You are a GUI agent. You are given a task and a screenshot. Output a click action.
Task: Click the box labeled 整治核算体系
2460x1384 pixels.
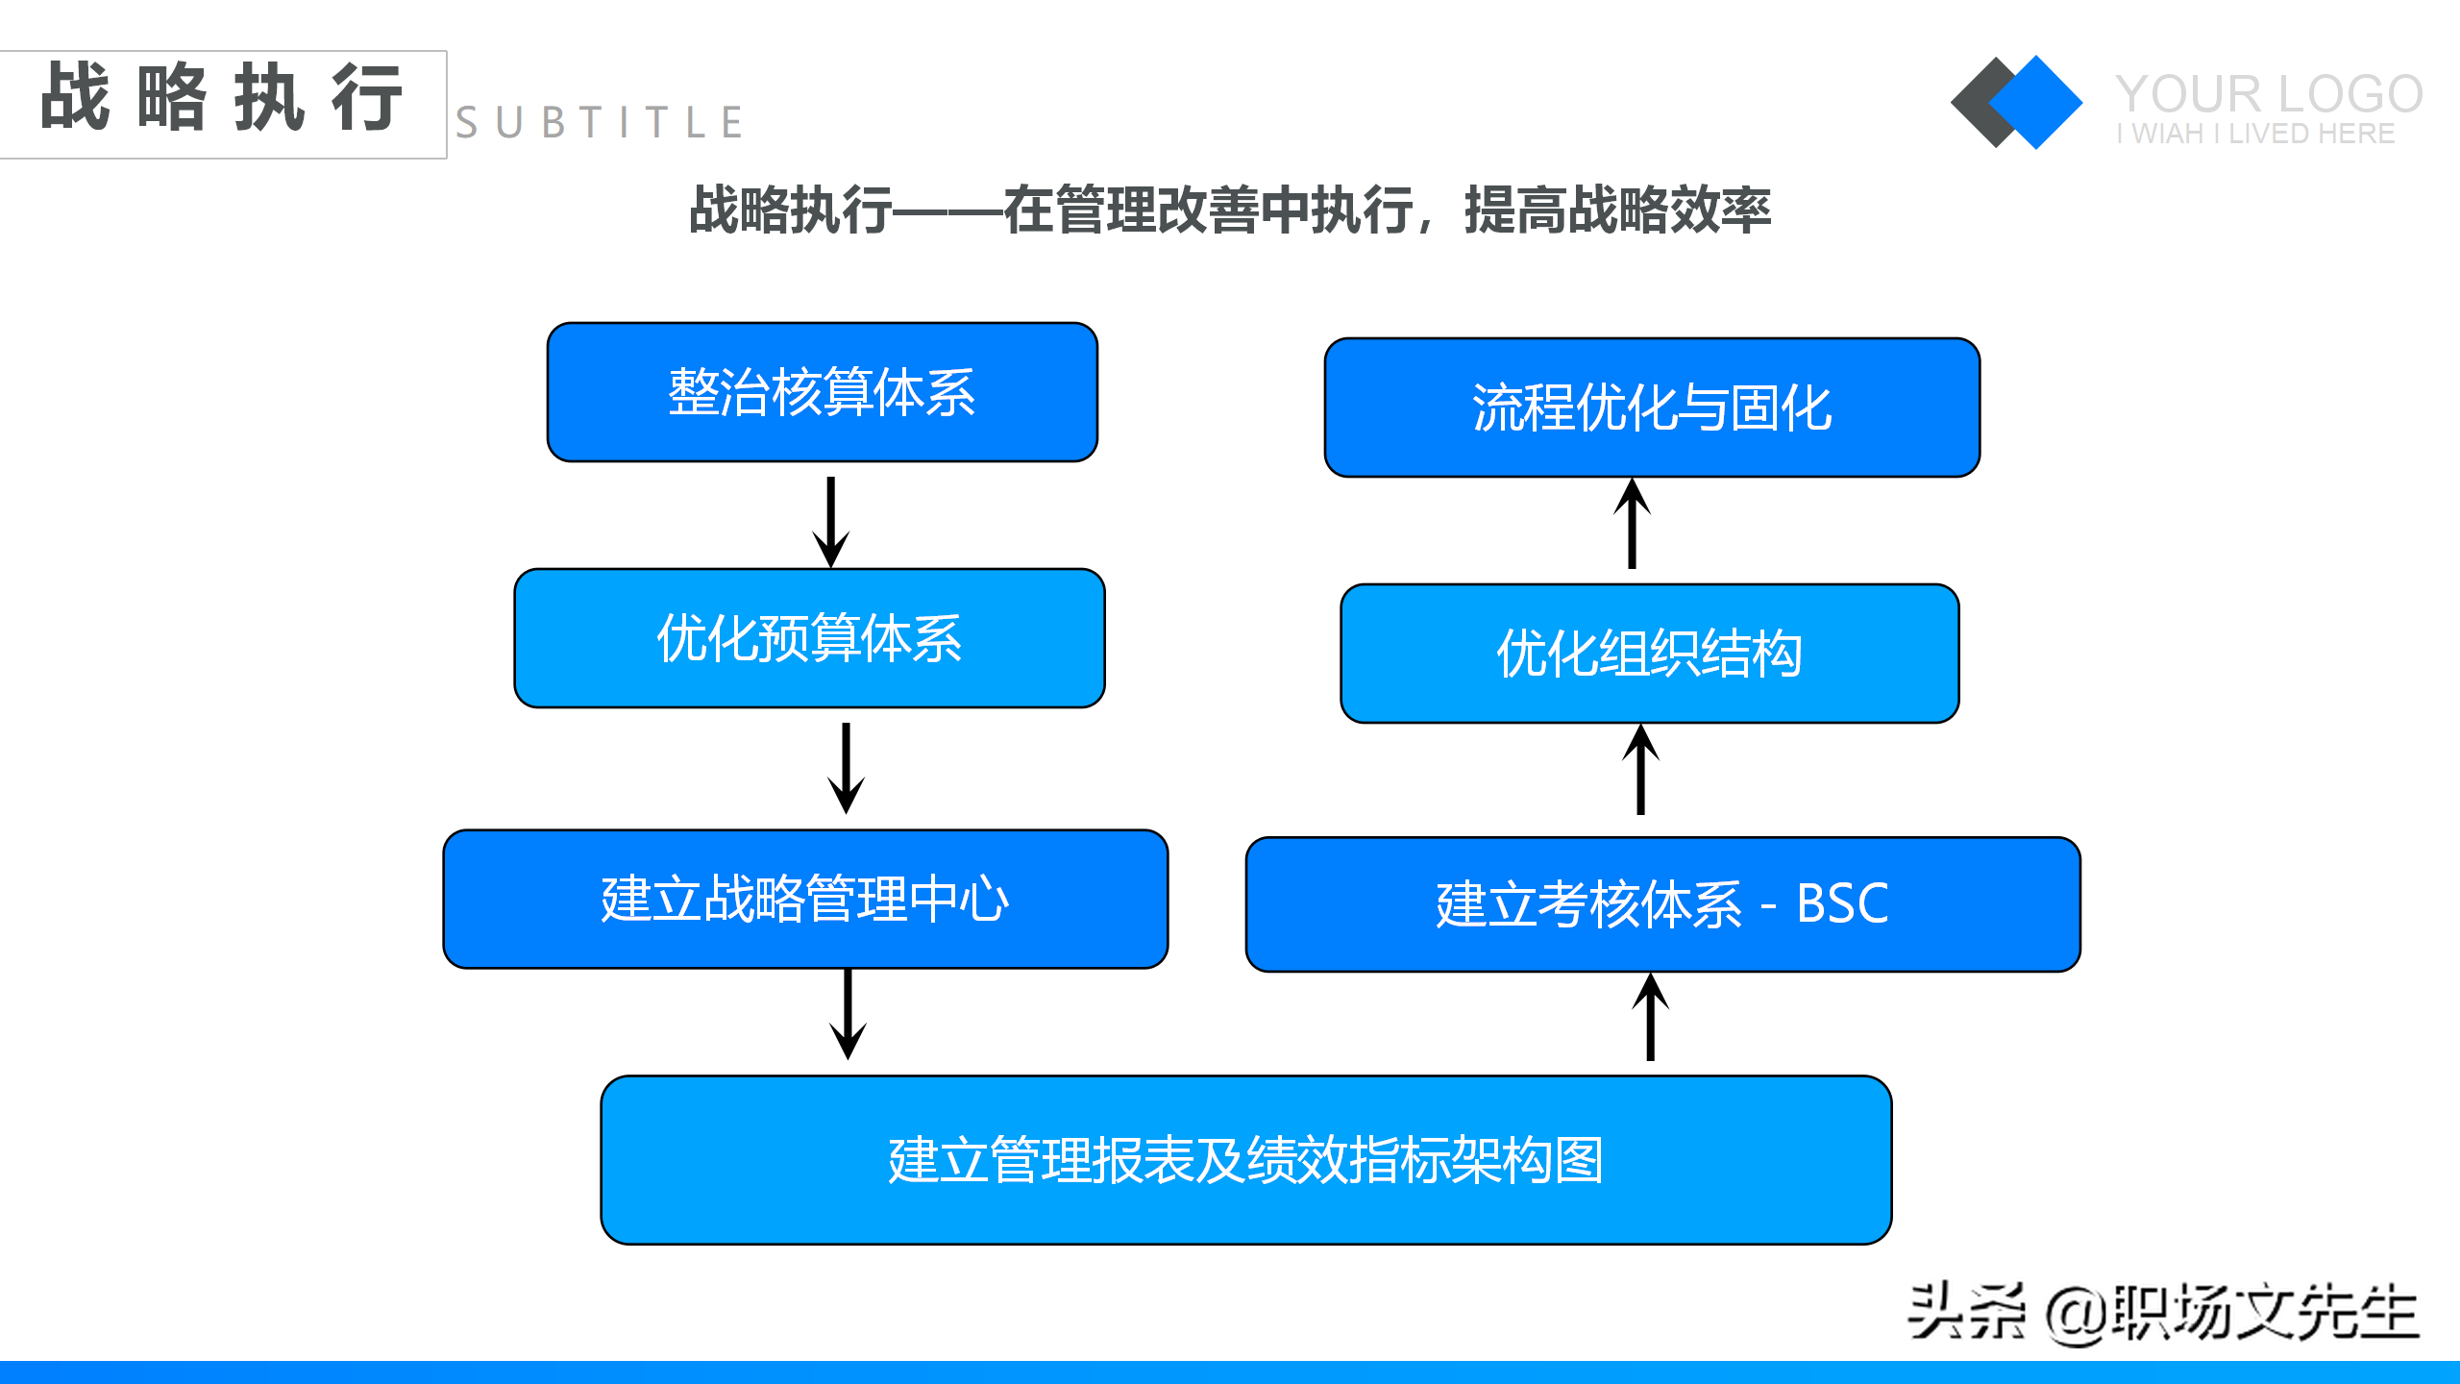click(x=822, y=392)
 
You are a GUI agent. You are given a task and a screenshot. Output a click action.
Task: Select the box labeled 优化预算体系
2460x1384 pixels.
click(x=809, y=638)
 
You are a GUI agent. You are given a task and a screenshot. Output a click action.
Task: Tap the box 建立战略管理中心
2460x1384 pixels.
click(x=805, y=900)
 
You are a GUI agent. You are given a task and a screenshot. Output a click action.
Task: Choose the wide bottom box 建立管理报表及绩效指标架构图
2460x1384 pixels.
click(x=1245, y=1160)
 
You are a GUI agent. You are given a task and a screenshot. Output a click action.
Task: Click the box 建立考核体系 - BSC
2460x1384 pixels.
click(x=1662, y=904)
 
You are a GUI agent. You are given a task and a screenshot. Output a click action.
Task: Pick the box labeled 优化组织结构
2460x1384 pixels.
click(x=1649, y=654)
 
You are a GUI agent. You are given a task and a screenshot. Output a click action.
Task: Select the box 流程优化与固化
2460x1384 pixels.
click(x=1651, y=408)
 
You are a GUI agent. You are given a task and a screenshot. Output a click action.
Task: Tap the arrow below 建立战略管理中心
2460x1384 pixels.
click(x=848, y=1013)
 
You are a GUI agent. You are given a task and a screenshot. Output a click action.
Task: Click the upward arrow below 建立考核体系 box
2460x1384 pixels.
click(x=1650, y=1017)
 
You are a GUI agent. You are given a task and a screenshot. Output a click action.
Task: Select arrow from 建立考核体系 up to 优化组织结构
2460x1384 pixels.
click(x=1640, y=770)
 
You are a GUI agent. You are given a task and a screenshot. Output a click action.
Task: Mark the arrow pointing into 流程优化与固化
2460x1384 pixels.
click(x=1632, y=524)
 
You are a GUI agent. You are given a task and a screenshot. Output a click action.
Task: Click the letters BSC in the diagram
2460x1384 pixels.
click(x=1842, y=903)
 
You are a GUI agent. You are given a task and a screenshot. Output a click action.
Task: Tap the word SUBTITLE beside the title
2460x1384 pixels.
click(x=600, y=123)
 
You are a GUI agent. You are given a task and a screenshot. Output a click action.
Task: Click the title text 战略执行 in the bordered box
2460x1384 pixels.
click(x=221, y=97)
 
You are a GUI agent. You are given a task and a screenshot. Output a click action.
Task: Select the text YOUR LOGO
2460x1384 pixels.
click(x=2268, y=94)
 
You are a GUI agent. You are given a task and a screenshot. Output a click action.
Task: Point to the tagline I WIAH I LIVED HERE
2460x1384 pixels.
click(x=2254, y=134)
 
